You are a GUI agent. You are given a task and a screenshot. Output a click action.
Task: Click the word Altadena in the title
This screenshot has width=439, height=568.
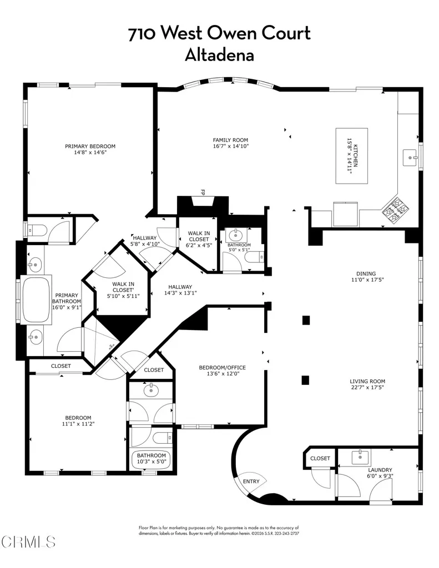219,55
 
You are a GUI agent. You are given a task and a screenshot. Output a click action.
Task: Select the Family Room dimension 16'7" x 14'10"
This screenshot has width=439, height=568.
230,146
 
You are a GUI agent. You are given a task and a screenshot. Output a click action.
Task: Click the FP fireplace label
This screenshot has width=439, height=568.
203,192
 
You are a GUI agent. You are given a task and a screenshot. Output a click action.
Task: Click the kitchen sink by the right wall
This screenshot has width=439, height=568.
411,158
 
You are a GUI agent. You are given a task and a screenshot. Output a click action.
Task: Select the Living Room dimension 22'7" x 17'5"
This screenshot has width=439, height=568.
367,388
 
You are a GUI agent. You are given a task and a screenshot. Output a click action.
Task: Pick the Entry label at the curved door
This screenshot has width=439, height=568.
251,481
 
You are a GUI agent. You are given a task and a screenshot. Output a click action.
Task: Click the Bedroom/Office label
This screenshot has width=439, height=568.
222,368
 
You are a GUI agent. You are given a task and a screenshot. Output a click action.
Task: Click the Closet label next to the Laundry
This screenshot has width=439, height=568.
320,458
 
